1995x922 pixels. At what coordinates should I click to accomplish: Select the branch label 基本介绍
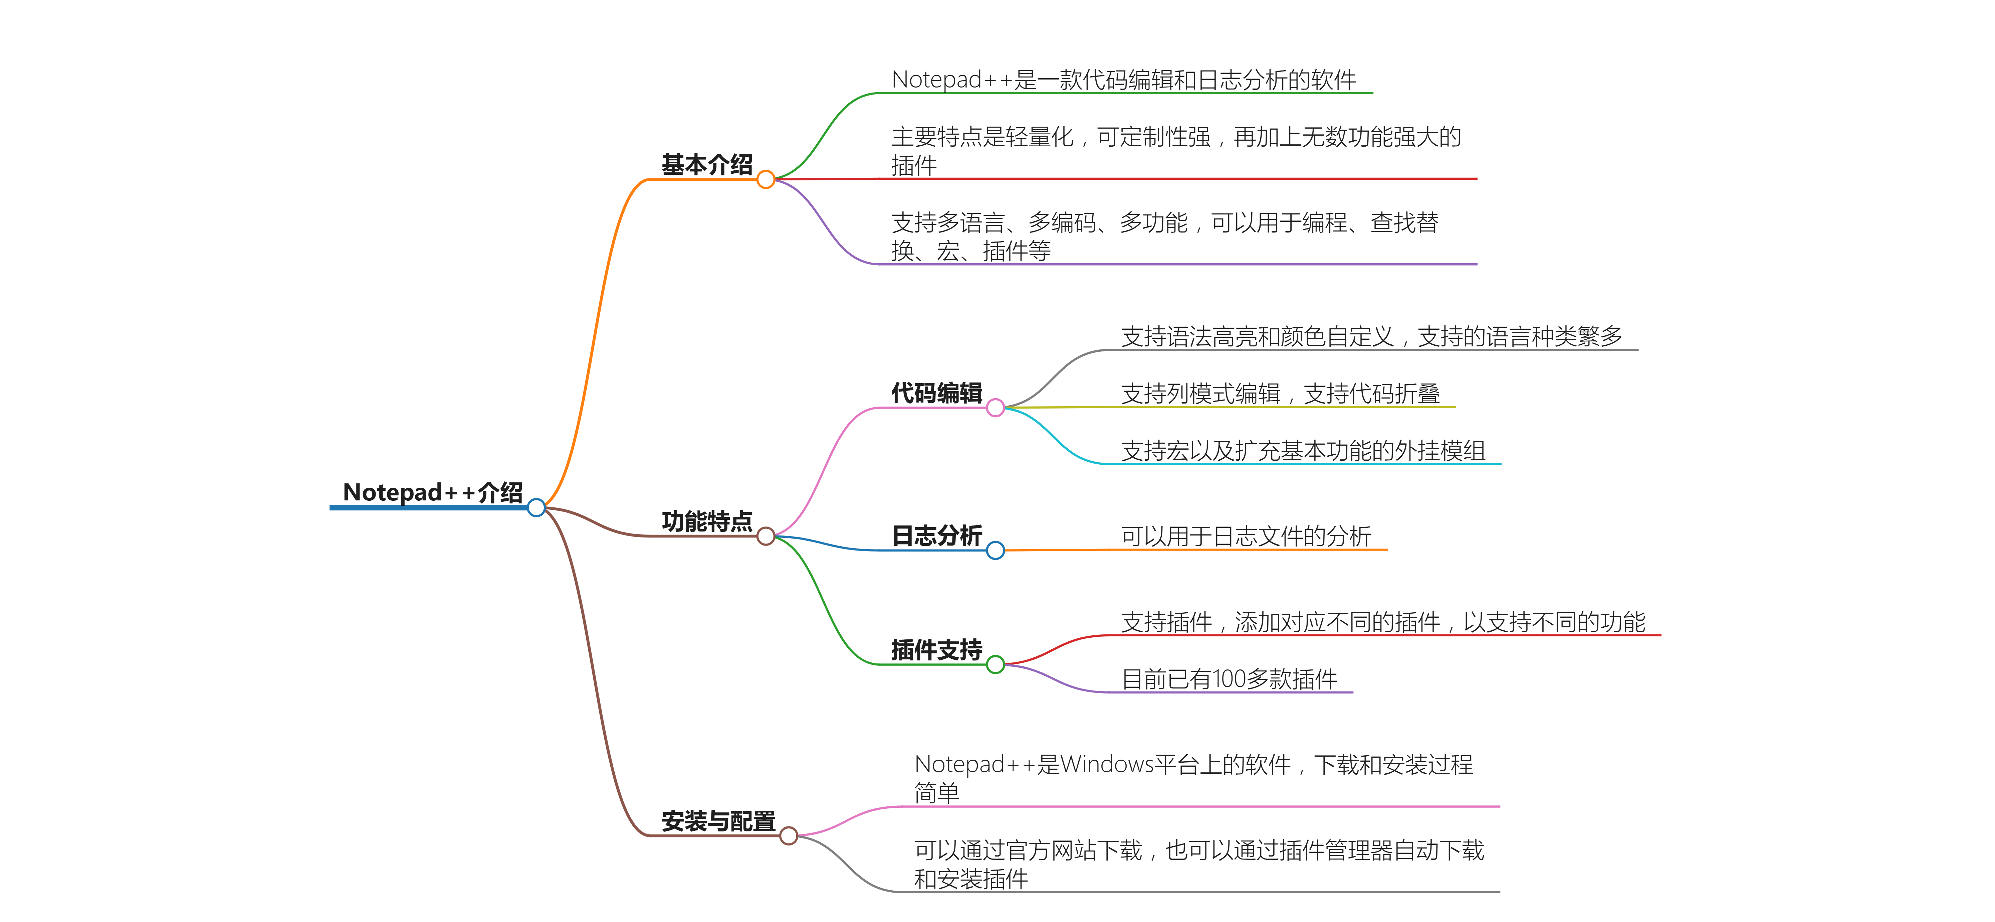click(706, 164)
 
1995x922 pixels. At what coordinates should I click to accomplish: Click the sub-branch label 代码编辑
click(936, 393)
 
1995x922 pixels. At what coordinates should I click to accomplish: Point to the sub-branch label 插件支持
click(936, 649)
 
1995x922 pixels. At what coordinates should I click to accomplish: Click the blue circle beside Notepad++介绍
click(536, 508)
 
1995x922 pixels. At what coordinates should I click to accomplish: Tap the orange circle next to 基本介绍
click(766, 180)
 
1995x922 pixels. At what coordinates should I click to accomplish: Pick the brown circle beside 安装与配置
click(789, 836)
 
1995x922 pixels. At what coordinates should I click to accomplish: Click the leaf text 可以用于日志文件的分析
click(1245, 536)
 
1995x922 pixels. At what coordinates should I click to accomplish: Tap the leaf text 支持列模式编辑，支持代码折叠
click(1280, 394)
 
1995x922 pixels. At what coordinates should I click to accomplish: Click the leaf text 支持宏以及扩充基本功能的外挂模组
click(1303, 451)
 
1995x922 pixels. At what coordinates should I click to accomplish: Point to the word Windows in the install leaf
click(1106, 765)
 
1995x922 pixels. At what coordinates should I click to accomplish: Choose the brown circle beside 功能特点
click(766, 536)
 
